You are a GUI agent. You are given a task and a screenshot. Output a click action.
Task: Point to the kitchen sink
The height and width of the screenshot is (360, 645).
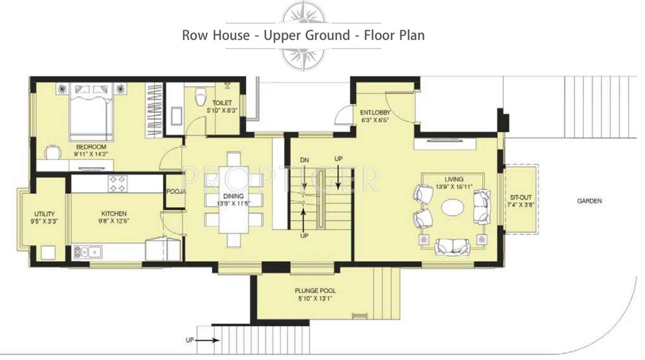coord(87,251)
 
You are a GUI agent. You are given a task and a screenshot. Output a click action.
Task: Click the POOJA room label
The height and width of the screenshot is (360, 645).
coord(176,192)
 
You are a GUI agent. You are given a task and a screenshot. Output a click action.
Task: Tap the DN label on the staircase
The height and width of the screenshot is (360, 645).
coord(304,160)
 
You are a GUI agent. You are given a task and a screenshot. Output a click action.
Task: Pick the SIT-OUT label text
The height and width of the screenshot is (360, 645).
coord(520,197)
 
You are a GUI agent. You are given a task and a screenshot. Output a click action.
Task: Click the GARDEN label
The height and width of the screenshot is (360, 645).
coord(589,201)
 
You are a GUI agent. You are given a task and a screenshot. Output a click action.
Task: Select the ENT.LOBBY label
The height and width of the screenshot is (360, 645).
coord(375,113)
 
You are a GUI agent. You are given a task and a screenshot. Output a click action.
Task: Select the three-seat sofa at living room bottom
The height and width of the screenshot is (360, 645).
coord(452,247)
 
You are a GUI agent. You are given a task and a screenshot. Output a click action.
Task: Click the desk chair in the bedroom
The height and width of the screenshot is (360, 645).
coord(52,152)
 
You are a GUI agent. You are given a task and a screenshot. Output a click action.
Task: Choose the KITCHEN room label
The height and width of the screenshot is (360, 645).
coord(114,213)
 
